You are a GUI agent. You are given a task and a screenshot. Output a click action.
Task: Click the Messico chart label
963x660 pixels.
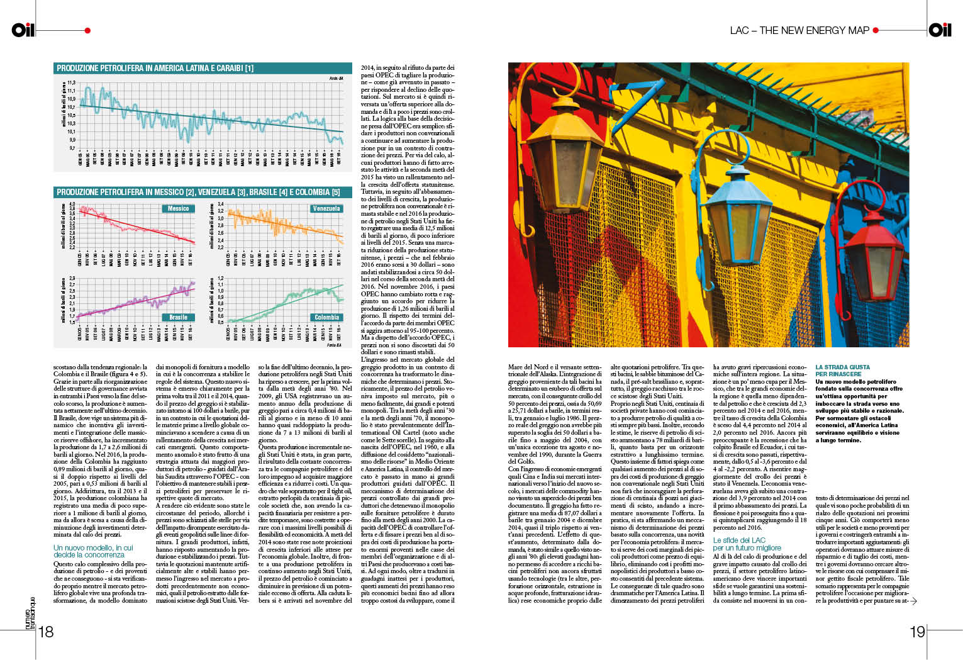tap(178, 208)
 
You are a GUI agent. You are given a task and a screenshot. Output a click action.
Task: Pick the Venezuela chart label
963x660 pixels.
tap(326, 208)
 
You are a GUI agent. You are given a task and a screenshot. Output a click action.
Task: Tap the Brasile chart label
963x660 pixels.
tap(178, 317)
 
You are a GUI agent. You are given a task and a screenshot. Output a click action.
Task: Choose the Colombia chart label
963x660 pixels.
tap(326, 317)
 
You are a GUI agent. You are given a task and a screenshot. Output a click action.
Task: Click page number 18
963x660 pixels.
tap(47, 632)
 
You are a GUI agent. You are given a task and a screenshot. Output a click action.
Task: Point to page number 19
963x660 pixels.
tap(917, 632)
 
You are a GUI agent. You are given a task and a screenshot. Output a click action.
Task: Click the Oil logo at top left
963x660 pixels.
tap(23, 30)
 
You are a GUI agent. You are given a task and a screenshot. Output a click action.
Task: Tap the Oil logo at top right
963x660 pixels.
tap(940, 30)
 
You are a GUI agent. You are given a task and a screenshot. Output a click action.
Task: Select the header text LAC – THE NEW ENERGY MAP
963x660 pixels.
tap(799, 30)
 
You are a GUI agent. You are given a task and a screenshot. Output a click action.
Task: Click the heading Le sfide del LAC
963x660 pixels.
tap(739, 540)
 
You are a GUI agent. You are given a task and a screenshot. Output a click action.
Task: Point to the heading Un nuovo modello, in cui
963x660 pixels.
tap(93, 547)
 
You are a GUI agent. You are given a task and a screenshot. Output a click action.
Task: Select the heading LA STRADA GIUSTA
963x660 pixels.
tap(842, 367)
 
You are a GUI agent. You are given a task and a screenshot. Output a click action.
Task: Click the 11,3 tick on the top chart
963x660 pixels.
tap(71, 82)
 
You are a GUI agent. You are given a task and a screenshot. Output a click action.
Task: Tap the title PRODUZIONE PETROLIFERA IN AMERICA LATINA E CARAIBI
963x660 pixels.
tap(155, 68)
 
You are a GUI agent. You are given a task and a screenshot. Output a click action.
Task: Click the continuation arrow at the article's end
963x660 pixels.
tap(913, 601)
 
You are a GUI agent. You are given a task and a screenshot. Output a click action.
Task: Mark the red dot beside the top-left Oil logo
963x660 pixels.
tap(87, 30)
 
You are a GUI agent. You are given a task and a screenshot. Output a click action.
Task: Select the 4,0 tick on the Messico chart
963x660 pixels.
tap(72, 204)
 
